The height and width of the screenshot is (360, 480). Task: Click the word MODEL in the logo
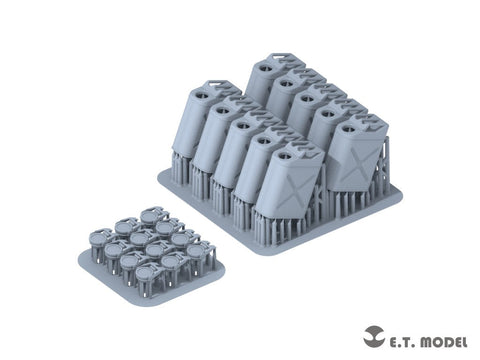(x=444, y=342)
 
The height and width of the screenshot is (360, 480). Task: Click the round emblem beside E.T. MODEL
(x=374, y=336)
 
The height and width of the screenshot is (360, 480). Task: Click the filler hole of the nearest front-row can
(x=284, y=155)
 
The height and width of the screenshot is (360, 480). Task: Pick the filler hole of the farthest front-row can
(x=202, y=95)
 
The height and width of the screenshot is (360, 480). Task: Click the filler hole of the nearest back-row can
(x=347, y=128)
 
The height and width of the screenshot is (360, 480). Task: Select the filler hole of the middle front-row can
(x=243, y=125)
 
